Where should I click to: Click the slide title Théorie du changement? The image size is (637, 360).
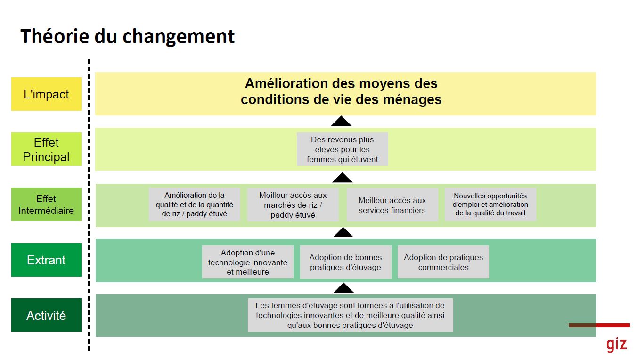point(127,36)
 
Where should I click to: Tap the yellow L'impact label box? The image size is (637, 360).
point(46,94)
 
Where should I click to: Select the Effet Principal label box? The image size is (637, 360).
point(46,149)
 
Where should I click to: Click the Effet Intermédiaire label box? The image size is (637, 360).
point(46,204)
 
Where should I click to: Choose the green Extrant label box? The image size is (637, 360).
point(46,260)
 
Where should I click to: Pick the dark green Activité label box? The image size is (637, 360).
point(46,315)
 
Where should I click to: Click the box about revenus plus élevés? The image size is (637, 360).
point(343,149)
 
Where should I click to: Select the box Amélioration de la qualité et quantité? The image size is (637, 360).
point(195,204)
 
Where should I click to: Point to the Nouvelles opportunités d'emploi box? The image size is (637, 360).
point(490,204)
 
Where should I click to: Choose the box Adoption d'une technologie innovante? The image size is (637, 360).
point(248,262)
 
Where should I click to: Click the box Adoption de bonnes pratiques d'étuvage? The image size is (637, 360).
point(345,262)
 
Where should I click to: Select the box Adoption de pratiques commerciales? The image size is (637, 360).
point(443,262)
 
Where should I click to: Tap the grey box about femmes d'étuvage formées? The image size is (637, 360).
point(351,315)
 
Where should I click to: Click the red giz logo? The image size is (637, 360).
point(617,344)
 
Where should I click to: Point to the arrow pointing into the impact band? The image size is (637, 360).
point(341,121)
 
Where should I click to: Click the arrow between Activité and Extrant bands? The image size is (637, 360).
point(343,288)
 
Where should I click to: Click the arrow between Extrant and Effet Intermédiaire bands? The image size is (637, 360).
point(343,232)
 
